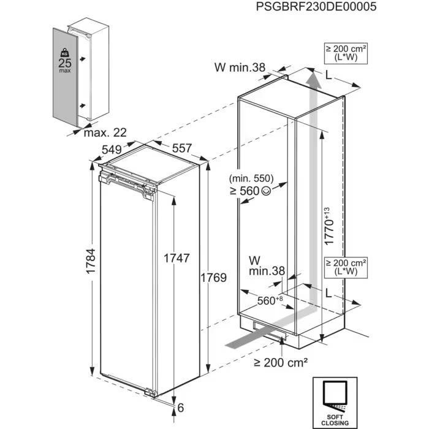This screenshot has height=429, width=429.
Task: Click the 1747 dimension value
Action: [177, 258]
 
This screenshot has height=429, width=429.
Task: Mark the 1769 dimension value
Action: [214, 278]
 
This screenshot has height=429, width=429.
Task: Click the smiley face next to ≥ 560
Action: [265, 191]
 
